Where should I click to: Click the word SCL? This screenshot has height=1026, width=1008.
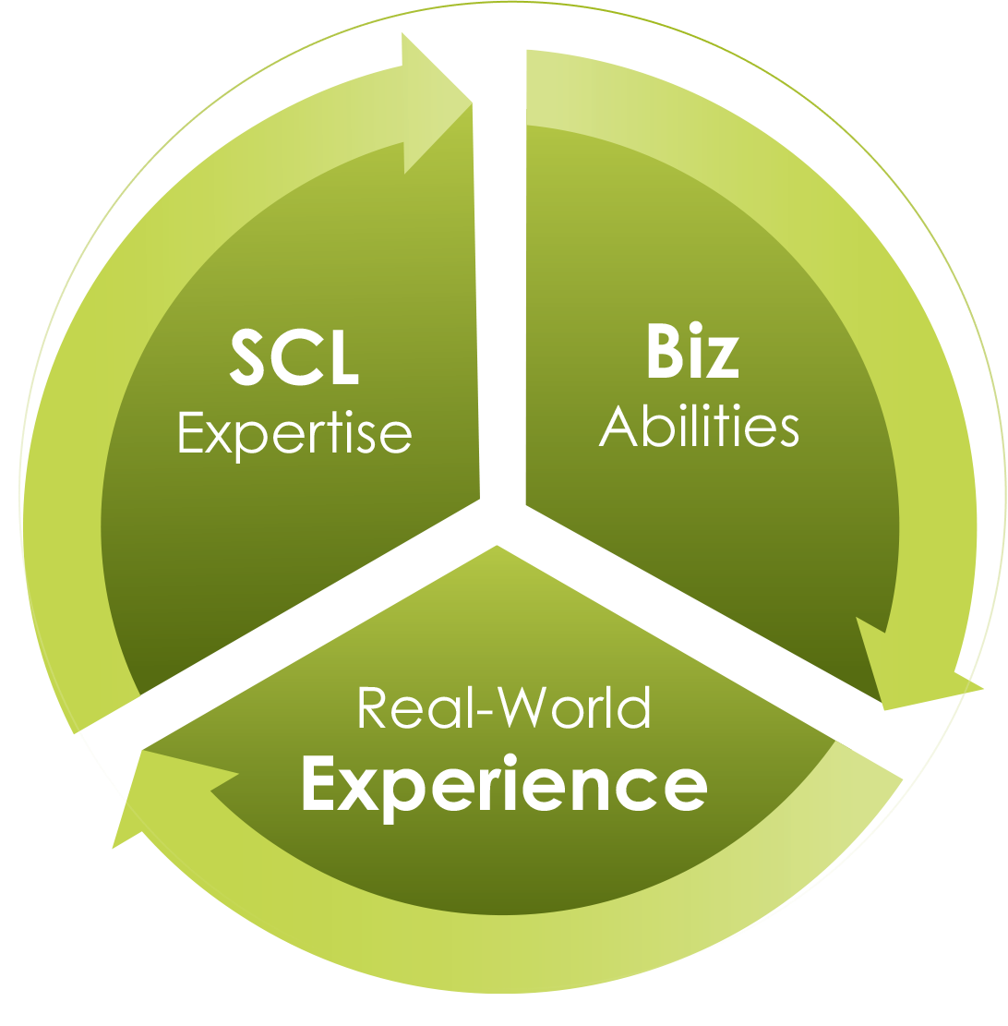tap(294, 358)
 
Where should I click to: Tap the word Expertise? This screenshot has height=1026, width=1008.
tap(294, 432)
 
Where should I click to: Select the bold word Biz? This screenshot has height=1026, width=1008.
tap(692, 353)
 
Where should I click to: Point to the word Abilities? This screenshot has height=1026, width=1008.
tap(699, 427)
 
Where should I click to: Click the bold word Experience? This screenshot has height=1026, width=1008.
tap(504, 785)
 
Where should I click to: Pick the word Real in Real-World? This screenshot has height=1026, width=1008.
tap(391, 708)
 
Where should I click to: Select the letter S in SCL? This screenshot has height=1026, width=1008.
tap(252, 358)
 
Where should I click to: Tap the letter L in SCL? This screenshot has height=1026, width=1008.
tap(341, 358)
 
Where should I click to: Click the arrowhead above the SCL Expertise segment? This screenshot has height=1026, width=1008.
tap(435, 102)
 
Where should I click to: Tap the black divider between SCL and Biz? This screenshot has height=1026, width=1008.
tap(502, 277)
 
